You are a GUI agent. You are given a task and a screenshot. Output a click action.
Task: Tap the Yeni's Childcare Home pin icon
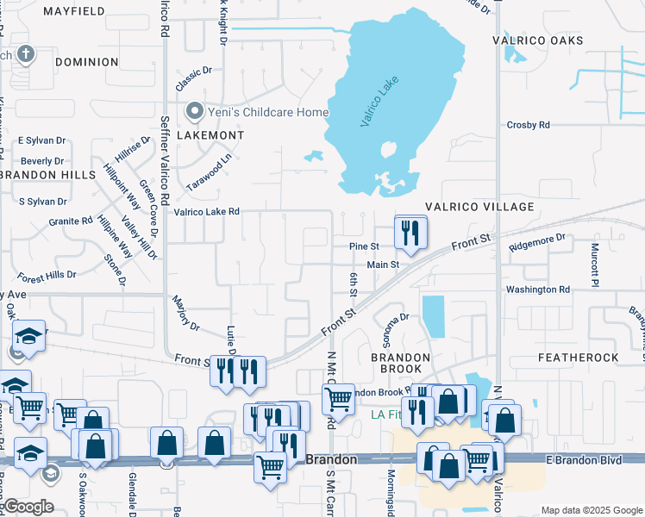194,112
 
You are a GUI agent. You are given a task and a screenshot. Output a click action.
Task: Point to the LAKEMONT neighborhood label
210,136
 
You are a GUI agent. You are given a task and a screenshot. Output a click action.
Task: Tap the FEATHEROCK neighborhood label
578,357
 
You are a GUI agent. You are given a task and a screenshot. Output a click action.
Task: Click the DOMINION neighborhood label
86,62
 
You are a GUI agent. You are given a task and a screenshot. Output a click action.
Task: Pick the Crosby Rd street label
529,125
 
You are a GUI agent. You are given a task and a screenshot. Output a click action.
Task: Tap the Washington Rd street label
538,290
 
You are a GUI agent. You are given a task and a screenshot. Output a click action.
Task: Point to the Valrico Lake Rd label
206,211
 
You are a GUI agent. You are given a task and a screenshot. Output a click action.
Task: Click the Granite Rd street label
71,221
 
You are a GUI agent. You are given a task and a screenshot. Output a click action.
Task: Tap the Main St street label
384,265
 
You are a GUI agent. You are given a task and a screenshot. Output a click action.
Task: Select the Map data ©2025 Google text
590,510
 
